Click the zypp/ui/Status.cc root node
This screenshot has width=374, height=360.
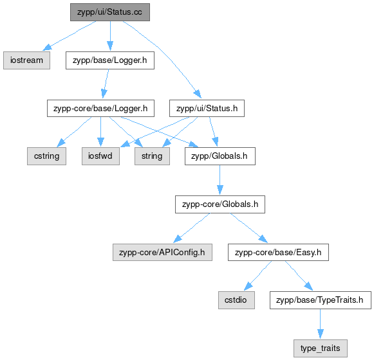[x=110, y=12]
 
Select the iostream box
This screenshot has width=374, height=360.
[x=27, y=60]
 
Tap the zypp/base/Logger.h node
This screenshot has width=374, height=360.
[x=110, y=60]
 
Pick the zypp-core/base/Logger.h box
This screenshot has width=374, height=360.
[x=100, y=109]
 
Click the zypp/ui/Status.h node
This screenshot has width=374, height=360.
[x=207, y=109]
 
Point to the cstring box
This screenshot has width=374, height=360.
[x=46, y=156]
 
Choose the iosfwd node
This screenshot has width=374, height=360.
[x=100, y=156]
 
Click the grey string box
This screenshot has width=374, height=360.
[x=152, y=156]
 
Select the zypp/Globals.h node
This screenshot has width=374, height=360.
[x=220, y=156]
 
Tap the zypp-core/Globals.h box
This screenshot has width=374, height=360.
[x=220, y=204]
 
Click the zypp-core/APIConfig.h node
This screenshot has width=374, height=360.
[x=162, y=252]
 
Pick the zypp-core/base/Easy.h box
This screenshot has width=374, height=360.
[x=278, y=252]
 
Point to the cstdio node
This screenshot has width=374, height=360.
[x=236, y=300]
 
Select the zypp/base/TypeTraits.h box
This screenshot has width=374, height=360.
[x=321, y=300]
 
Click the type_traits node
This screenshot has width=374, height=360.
[x=321, y=348]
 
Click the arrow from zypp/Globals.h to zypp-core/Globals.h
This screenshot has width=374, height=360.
[x=220, y=180]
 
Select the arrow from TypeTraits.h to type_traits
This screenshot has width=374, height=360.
[x=321, y=324]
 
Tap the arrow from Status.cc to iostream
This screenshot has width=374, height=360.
[x=69, y=36]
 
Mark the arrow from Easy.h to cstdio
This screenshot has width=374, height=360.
[x=258, y=275]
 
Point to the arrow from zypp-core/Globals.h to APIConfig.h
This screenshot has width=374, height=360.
[x=192, y=228]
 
